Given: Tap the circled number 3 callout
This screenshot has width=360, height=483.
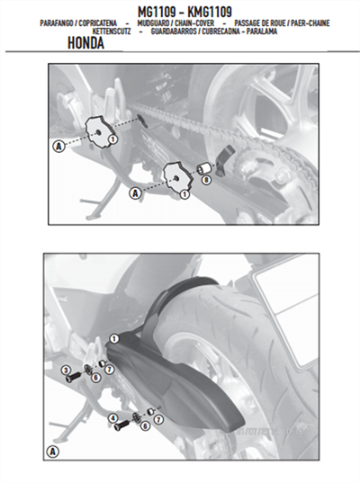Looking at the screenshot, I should (x=66, y=371).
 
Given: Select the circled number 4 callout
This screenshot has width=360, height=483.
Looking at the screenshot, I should (x=112, y=417).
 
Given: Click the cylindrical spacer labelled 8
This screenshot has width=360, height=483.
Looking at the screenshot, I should (x=203, y=167).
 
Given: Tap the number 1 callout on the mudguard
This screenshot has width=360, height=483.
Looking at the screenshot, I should (x=114, y=339).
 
